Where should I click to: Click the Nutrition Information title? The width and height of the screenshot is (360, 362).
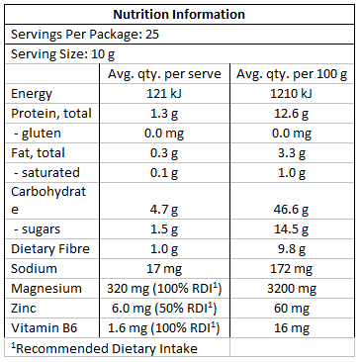pos(179,15)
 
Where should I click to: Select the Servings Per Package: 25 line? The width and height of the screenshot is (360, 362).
pos(72,34)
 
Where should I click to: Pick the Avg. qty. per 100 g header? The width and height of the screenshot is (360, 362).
pos(292,73)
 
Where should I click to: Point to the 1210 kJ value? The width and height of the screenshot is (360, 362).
pos(292,93)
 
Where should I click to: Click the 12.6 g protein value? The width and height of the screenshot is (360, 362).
pos(292,113)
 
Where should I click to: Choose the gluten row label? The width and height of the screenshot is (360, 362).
pos(38,132)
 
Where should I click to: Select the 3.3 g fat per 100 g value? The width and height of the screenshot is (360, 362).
pos(292,151)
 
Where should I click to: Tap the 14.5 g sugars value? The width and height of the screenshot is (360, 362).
pos(292,229)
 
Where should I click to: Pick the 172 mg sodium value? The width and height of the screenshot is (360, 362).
pos(292,269)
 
